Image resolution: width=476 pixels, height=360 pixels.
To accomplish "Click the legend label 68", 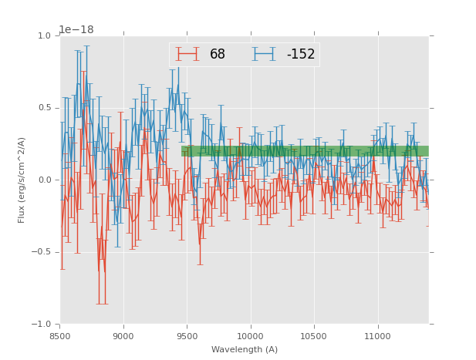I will [x=218, y=55].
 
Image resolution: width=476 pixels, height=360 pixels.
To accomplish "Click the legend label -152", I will [x=301, y=55].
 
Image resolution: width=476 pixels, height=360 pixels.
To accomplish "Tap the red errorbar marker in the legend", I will [x=187, y=54].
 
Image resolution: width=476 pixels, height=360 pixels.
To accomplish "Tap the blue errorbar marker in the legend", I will [x=265, y=54].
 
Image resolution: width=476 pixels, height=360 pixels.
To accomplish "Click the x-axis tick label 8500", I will [x=60, y=336].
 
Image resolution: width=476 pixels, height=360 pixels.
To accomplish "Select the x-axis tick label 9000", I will [x=123, y=336].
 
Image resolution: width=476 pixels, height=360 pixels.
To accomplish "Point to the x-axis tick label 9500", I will [x=187, y=336].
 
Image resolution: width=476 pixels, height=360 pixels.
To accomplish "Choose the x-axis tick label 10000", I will [x=250, y=336].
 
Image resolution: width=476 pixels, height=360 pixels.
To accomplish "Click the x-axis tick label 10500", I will [x=314, y=336].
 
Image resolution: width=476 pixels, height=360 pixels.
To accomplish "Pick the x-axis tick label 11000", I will [x=377, y=336].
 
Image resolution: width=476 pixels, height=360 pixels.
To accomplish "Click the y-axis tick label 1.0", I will [x=44, y=36].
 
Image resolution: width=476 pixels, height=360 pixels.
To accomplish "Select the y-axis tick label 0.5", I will [x=44, y=108].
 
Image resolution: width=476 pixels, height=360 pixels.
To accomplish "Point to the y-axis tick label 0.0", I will [x=44, y=180].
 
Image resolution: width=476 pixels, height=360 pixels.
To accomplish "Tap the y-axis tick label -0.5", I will [x=42, y=252].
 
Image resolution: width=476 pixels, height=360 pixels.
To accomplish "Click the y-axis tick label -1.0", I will [x=42, y=325].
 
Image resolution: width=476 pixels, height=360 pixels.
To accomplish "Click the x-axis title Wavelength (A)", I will [x=245, y=349].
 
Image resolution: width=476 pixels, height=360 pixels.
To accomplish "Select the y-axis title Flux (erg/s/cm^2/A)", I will [x=22, y=180].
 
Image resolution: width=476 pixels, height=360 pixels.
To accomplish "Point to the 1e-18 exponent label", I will [x=76, y=29].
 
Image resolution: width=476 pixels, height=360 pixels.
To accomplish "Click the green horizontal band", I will [x=305, y=151].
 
